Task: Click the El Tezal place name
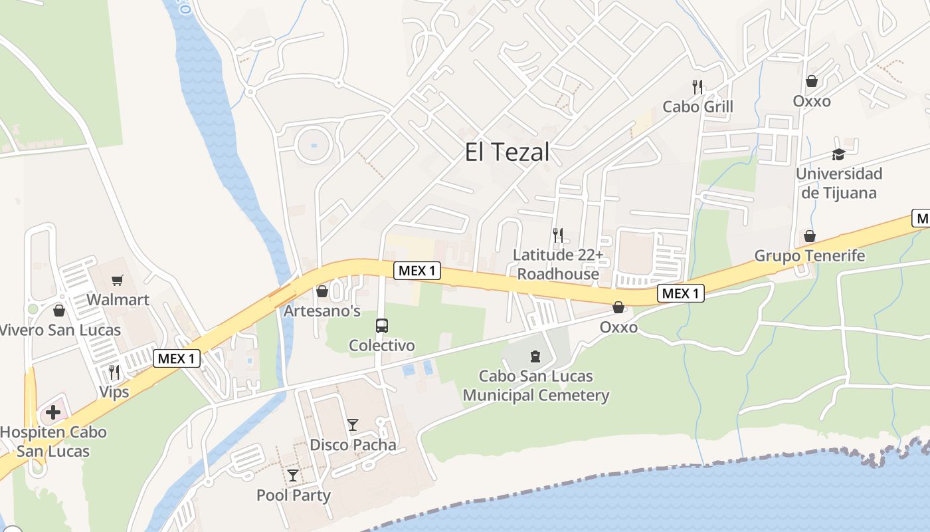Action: coord(507,152)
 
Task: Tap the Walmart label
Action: coord(118,299)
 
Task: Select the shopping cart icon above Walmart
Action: coord(118,280)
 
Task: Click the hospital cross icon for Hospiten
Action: coord(53,412)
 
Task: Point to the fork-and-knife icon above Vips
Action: coord(114,372)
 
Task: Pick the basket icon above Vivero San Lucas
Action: coord(59,311)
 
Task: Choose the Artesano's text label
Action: coord(322,311)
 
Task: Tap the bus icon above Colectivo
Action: coord(382,326)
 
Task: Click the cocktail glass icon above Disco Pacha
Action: coord(353,425)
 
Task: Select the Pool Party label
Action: coord(294,495)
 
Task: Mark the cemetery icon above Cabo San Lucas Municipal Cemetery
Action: coord(535,356)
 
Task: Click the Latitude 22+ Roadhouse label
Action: coord(558,264)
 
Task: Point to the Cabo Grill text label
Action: coord(697,106)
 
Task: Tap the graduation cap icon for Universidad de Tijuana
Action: coord(838,154)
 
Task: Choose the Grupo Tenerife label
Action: coord(810,255)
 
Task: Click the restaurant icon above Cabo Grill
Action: coord(697,86)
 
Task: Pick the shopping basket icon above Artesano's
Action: coord(322,291)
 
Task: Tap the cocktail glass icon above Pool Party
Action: coord(293,475)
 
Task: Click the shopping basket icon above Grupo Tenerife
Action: coord(810,236)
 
